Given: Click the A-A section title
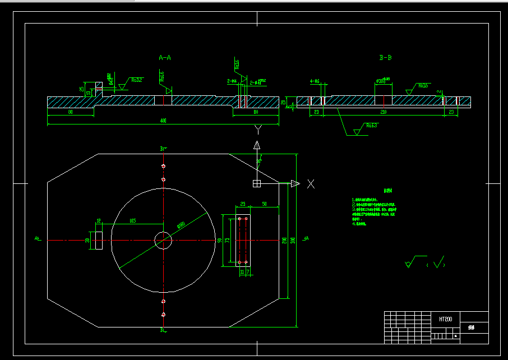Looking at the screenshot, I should (x=165, y=58).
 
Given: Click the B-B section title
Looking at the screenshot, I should (x=385, y=58).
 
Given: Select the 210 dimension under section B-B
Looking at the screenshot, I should (x=384, y=113).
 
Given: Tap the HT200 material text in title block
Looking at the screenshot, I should (x=446, y=319).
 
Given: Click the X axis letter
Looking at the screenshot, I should (x=311, y=184).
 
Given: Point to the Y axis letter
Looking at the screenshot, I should (x=257, y=131).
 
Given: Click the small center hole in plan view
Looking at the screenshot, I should (x=163, y=241).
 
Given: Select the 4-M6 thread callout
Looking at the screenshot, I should (x=315, y=82).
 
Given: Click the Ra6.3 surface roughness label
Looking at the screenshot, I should (x=370, y=126).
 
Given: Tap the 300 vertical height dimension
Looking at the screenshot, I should (x=293, y=241).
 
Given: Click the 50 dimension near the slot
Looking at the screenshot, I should (x=264, y=204).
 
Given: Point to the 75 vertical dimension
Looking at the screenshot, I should (x=227, y=241).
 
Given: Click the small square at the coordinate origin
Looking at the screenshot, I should (x=257, y=183).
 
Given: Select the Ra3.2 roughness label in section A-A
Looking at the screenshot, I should (x=137, y=80).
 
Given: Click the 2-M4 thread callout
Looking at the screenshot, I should (x=232, y=82).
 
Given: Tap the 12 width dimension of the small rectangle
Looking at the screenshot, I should (x=99, y=221).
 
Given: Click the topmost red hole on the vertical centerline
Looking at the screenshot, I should (x=163, y=166).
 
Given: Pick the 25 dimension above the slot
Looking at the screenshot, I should (x=243, y=204).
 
